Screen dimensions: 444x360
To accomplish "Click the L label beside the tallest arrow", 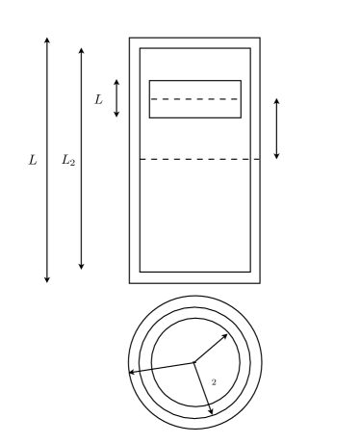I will coord(33,160).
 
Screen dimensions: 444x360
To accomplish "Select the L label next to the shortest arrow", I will coord(98,98).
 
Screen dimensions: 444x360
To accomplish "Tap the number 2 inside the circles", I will coord(213,383).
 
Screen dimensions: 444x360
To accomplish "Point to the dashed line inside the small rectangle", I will coord(194,99).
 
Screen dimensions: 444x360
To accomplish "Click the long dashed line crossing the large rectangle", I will coord(200,159).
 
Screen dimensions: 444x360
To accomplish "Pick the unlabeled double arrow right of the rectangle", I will coord(276,128).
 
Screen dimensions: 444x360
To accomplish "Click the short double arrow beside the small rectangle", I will coord(116,98).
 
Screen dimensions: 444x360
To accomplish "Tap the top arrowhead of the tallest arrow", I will coord(46,40).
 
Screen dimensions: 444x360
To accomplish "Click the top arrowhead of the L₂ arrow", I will coord(81,48).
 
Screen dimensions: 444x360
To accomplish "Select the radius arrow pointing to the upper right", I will coord(211,349).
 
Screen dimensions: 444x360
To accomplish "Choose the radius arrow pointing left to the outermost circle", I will coord(161,367).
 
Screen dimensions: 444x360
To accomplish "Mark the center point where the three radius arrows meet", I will coord(194,362).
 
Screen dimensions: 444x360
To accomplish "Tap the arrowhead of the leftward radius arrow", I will coord(131,371).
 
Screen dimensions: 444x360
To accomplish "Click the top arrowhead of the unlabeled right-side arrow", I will coord(276,100).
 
